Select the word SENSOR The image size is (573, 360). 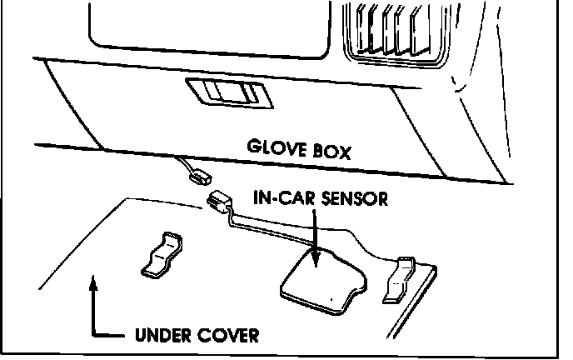click(x=353, y=200)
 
